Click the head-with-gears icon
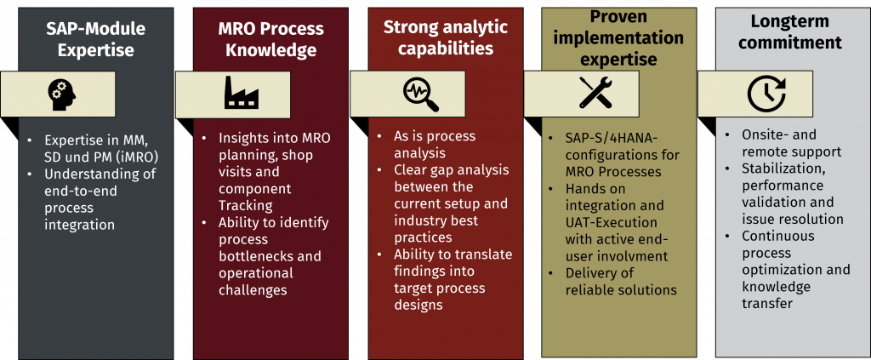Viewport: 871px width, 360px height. click(61, 94)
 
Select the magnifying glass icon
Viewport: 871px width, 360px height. click(420, 94)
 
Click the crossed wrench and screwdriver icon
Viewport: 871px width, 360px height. click(595, 92)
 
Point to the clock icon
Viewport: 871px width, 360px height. click(766, 94)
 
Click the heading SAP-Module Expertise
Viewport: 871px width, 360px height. click(96, 38)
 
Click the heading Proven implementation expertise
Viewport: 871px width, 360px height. click(620, 38)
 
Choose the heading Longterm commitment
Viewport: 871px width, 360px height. click(790, 31)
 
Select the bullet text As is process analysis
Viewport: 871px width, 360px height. click(435, 145)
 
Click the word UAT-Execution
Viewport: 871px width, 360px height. click(611, 223)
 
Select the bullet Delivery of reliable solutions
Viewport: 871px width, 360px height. click(621, 282)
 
